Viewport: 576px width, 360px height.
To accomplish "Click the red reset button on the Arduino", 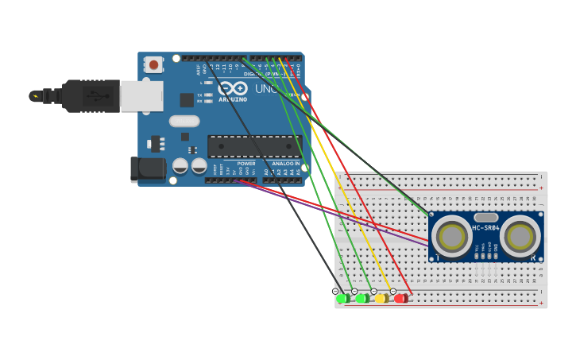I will tap(153, 64).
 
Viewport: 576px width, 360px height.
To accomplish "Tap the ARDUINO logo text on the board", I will tap(233, 100).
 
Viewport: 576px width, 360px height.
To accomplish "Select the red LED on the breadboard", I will tap(401, 299).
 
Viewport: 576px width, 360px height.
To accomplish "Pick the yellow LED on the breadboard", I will tap(382, 299).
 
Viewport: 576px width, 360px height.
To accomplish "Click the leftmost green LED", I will tap(343, 299).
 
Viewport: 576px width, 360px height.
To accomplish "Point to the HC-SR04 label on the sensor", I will tap(485, 229).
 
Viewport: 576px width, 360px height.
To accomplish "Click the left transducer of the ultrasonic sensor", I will tap(451, 236).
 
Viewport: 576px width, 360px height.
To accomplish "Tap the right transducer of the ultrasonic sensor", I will tap(520, 236).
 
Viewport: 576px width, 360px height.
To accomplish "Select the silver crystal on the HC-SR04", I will tap(485, 217).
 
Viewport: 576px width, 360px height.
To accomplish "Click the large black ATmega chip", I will tap(254, 146).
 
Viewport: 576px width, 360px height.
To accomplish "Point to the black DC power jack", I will tap(148, 168).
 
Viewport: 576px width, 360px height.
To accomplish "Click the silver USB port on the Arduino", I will tap(141, 96).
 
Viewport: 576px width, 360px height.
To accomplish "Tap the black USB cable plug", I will tap(91, 96).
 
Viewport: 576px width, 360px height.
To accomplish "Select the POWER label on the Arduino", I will tap(246, 164).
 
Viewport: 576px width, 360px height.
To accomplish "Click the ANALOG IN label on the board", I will tap(286, 164).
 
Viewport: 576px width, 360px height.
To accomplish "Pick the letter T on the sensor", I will tap(436, 257).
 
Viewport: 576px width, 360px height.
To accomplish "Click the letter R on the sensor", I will tap(533, 257).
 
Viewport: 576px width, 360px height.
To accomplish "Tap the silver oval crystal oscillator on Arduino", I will tap(184, 122).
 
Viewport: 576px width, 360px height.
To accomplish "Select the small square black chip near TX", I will tap(187, 100).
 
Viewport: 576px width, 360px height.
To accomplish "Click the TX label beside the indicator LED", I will tap(199, 95).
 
